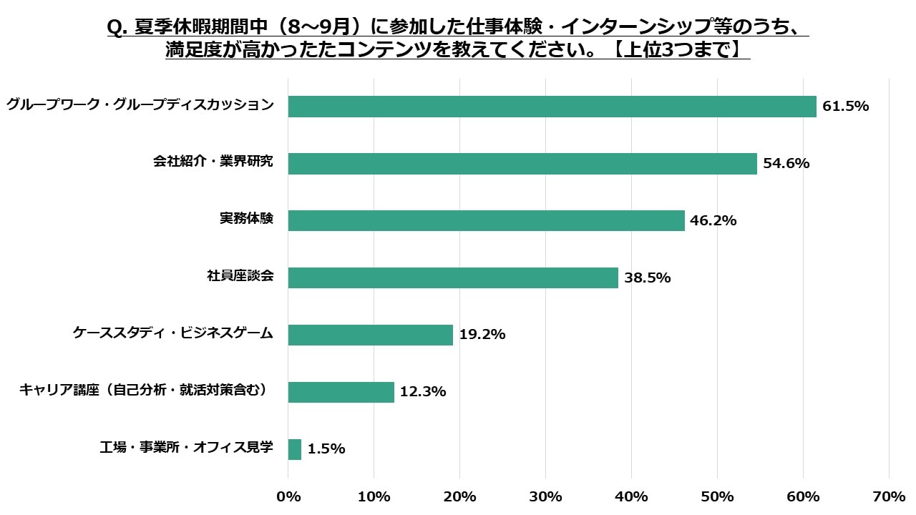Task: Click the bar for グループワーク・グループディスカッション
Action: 552,106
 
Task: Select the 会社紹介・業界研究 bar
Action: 522,163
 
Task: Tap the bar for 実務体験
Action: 486,220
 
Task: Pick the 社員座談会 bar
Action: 453,278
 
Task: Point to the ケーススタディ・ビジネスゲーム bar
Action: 370,335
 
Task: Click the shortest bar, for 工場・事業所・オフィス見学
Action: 294,449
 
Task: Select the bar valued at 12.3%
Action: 341,392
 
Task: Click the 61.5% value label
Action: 846,107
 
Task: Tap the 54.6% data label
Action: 786,164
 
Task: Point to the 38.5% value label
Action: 647,278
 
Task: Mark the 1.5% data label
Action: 326,450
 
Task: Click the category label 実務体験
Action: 246,219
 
